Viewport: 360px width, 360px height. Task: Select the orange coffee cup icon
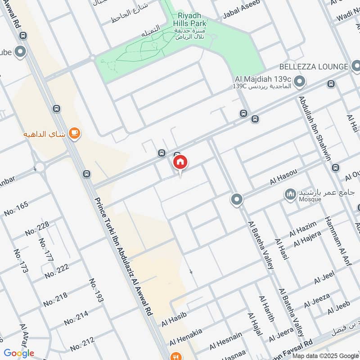(x=75, y=134)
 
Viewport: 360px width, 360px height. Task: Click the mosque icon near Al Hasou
(x=290, y=194)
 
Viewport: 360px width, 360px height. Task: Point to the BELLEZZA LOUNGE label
(x=313, y=67)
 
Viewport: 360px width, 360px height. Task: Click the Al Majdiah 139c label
(x=262, y=79)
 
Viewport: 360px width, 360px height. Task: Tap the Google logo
(x=19, y=353)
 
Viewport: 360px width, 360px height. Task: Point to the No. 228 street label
(x=37, y=229)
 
